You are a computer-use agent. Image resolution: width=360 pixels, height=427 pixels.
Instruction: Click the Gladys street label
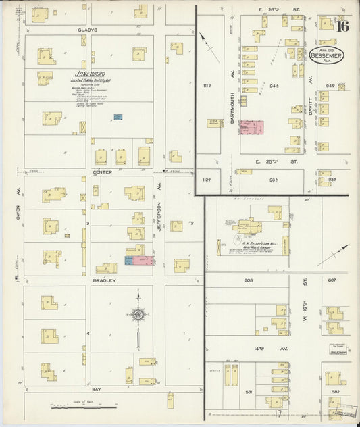pyautogui.click(x=88, y=30)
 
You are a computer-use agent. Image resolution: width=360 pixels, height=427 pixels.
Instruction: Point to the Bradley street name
pyautogui.click(x=104, y=280)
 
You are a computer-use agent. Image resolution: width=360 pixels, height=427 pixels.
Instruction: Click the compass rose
pyautogui.click(x=138, y=315)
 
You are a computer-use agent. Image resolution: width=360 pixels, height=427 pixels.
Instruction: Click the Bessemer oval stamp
pyautogui.click(x=326, y=55)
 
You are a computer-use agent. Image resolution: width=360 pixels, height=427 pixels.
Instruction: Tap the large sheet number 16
pyautogui.click(x=342, y=27)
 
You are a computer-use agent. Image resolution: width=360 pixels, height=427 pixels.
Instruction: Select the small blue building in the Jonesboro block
pyautogui.click(x=118, y=118)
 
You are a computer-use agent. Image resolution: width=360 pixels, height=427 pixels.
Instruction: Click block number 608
pyautogui.click(x=249, y=280)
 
